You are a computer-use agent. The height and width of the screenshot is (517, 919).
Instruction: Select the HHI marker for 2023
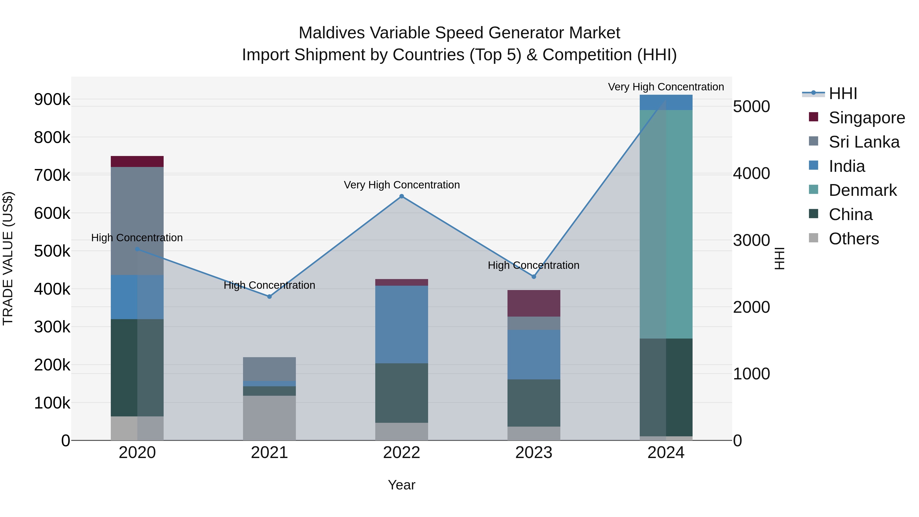tap(534, 276)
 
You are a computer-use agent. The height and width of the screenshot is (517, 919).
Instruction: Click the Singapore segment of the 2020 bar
tap(137, 161)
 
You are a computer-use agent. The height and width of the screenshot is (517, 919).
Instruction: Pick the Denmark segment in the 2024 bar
tap(666, 224)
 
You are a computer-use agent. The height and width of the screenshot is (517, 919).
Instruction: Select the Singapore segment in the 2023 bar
tap(534, 303)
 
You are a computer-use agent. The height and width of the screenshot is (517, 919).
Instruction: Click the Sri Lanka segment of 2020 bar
tap(137, 221)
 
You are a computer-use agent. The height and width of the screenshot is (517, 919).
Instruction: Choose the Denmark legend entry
tap(862, 190)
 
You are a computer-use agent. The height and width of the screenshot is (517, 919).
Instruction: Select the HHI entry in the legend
tap(843, 93)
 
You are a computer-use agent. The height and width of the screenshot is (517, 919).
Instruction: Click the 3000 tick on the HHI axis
tap(751, 240)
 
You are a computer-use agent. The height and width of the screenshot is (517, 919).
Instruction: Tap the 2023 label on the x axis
tap(534, 453)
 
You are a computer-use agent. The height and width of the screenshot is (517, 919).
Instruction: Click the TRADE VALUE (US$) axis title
tap(8, 258)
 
